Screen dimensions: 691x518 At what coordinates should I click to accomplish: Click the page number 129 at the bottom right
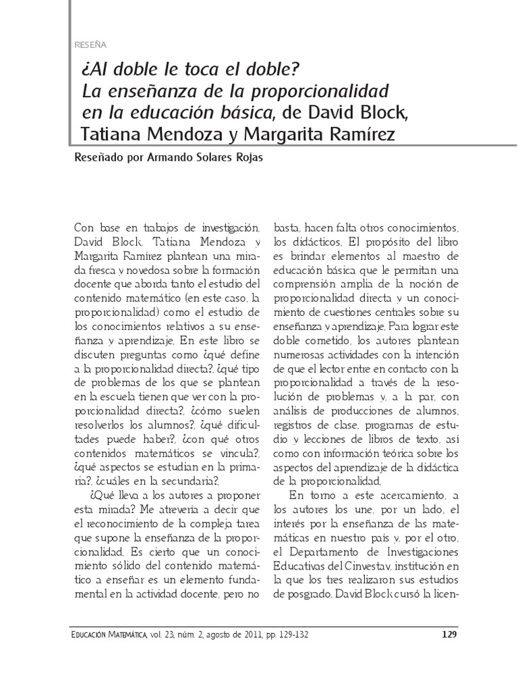point(449,634)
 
